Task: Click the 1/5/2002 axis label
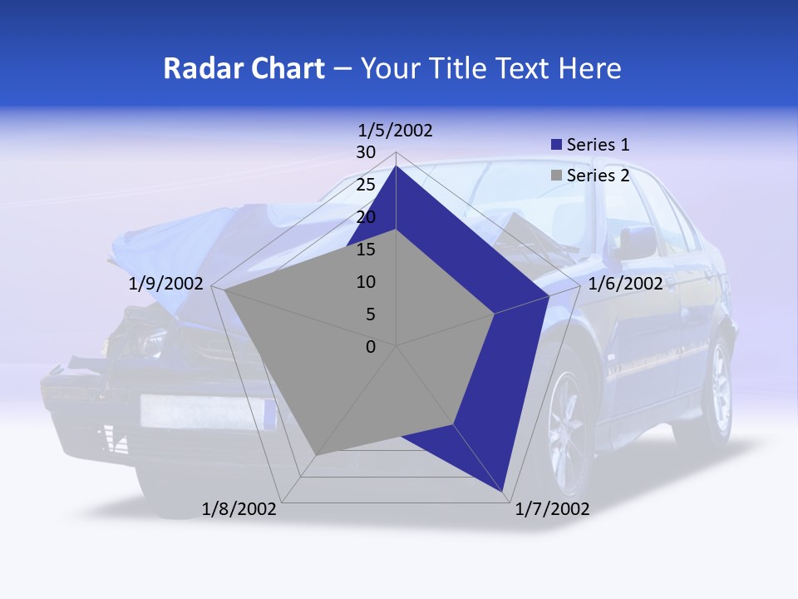pyautogui.click(x=395, y=131)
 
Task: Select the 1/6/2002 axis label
pyautogui.click(x=625, y=284)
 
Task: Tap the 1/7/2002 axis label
pyautogui.click(x=552, y=509)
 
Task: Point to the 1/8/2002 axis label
pyautogui.click(x=239, y=509)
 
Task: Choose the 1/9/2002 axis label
pyautogui.click(x=166, y=284)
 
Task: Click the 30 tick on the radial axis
pyautogui.click(x=366, y=152)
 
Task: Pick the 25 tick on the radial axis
pyautogui.click(x=366, y=185)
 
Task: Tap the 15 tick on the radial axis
pyautogui.click(x=366, y=250)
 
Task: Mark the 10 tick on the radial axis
pyautogui.click(x=366, y=282)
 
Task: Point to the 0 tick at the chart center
pyautogui.click(x=371, y=347)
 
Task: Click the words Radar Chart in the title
pyautogui.click(x=244, y=68)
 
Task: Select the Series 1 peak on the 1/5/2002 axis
pyautogui.click(x=397, y=166)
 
